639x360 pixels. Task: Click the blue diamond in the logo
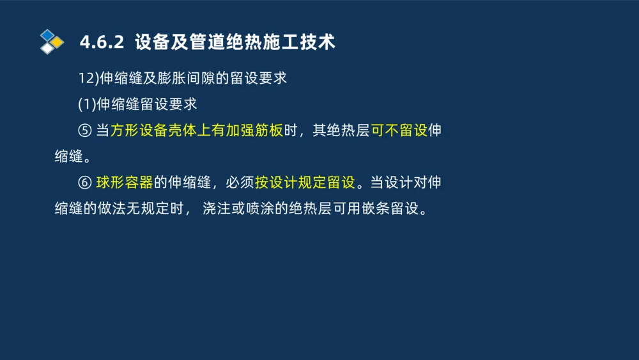tap(47, 35)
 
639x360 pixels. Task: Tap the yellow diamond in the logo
tap(58, 42)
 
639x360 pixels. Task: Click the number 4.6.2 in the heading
tap(101, 43)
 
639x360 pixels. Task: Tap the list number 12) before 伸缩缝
tap(86, 78)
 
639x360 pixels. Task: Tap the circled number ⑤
tap(85, 130)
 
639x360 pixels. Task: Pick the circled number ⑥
tap(85, 182)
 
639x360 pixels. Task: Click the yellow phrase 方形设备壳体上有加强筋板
tap(197, 130)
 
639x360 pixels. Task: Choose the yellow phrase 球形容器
tap(125, 182)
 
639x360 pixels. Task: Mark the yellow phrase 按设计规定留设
tap(305, 182)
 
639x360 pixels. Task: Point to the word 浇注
tap(216, 208)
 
